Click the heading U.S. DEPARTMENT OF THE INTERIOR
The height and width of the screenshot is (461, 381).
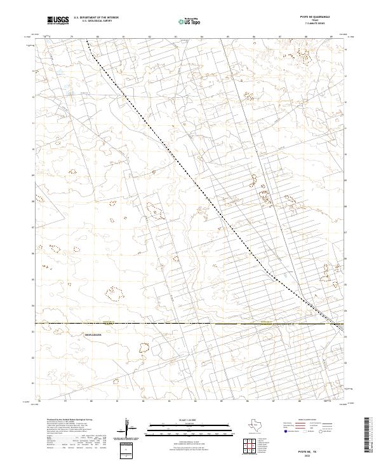(96, 18)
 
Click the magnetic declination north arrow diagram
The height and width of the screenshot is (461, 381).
(127, 427)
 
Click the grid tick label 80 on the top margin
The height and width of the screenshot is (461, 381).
(97, 37)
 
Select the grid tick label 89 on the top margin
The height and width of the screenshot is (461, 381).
(331, 37)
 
